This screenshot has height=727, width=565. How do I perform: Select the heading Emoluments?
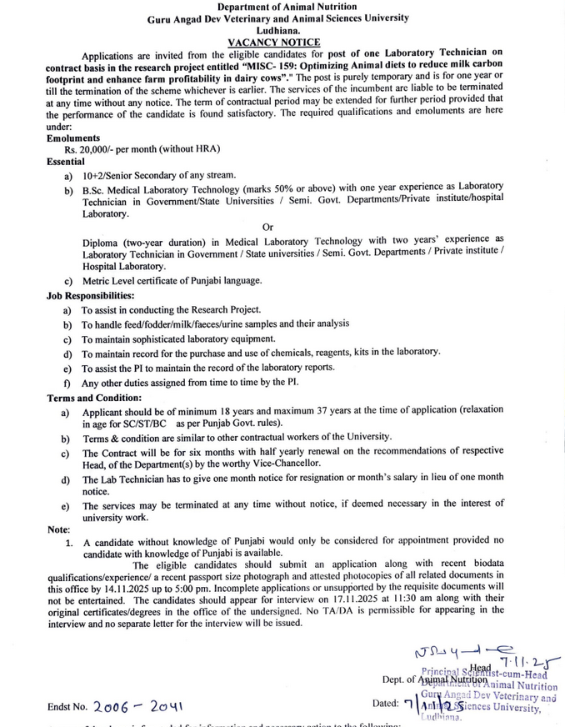coord(73,138)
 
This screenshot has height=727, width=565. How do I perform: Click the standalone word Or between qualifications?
coord(267,227)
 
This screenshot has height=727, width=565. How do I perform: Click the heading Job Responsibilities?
coord(90,295)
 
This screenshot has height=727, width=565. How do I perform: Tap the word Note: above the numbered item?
coord(58,529)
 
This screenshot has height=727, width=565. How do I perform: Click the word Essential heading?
coord(66,161)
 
